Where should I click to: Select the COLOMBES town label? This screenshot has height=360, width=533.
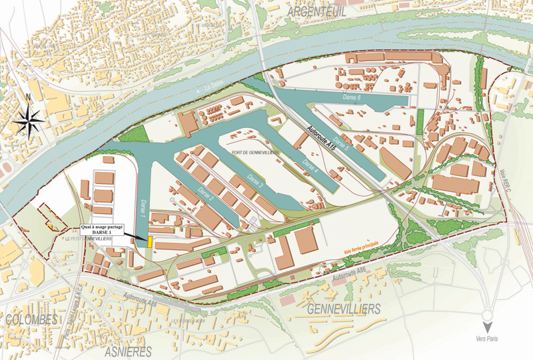(31, 320)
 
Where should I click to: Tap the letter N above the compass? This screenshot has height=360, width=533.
(28, 97)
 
